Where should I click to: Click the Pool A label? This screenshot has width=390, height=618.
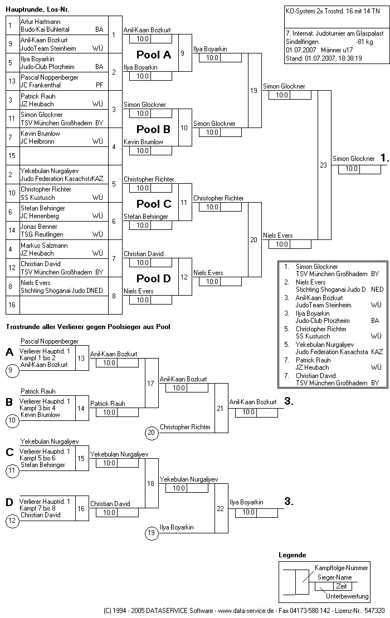[154, 55]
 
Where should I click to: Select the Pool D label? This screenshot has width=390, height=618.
[154, 278]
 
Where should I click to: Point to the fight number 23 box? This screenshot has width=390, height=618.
[324, 165]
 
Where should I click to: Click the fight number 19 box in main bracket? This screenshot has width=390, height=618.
[254, 90]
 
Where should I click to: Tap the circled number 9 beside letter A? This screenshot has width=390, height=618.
[12, 369]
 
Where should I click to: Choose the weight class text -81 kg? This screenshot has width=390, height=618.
[364, 41]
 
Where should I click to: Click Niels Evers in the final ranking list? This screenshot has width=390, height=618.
[311, 282]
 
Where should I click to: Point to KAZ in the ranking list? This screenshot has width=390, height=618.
[377, 351]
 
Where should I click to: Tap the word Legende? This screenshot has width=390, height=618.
[292, 555]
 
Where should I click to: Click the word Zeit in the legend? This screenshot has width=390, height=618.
[341, 586]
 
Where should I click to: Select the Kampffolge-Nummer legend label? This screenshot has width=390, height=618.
[341, 568]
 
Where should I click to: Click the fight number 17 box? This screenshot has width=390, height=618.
[151, 383]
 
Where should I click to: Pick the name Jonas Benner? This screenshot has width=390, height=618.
[40, 227]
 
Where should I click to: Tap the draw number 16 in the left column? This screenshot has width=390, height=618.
[11, 305]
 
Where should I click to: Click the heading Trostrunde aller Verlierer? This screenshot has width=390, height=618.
[88, 327]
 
